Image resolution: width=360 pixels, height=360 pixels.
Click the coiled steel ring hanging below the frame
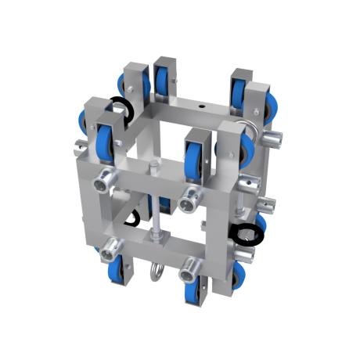tap(155, 271)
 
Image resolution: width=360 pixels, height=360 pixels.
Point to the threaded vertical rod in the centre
tap(157, 203)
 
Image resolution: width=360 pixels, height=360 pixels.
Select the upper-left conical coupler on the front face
tap(103, 184)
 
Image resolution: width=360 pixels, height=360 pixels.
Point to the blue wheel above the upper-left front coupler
tap(103, 145)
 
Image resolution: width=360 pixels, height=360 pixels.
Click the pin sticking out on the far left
tap(82, 146)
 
